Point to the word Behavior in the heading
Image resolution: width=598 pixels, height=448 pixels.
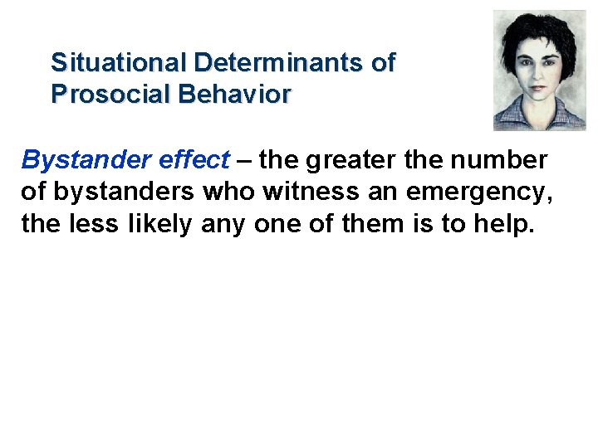[234, 94]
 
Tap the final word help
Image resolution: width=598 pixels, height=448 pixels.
[498, 225]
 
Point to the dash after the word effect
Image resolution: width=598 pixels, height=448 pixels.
[243, 159]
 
